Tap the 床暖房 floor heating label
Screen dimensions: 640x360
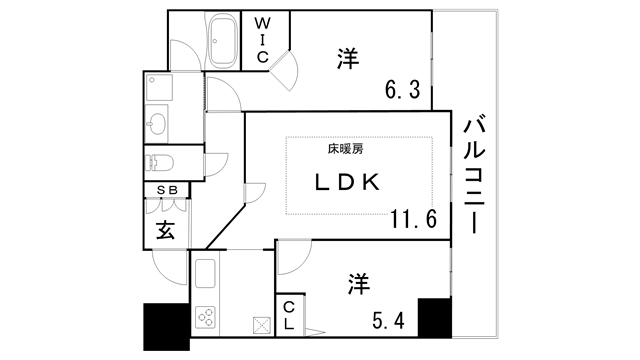(x=345, y=149)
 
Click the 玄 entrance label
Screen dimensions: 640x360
(x=165, y=230)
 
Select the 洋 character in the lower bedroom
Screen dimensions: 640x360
(x=357, y=285)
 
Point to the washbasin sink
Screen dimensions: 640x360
(x=157, y=123)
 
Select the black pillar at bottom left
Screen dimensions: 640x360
(x=166, y=326)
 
